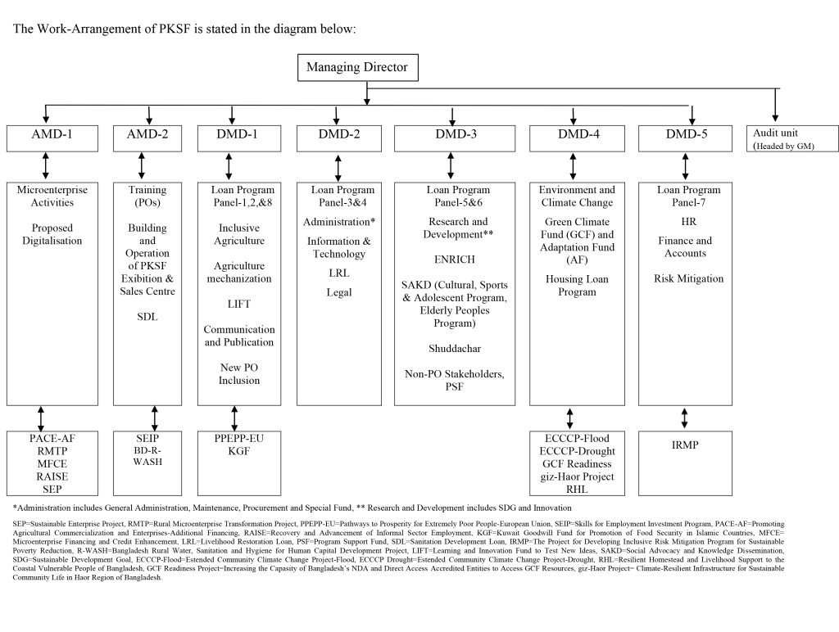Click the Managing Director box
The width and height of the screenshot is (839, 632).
click(x=357, y=67)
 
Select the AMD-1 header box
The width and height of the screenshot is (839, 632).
click(x=52, y=138)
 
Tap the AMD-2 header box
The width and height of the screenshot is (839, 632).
click(x=147, y=138)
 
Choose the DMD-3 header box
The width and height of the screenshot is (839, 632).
click(x=455, y=138)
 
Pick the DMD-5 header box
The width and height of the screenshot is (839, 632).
click(x=685, y=138)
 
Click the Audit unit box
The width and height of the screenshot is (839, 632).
click(x=792, y=138)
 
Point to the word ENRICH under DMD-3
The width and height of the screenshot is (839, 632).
click(x=454, y=260)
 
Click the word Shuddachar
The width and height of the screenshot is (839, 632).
click(x=454, y=349)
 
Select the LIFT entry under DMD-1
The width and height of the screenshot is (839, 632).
click(x=238, y=305)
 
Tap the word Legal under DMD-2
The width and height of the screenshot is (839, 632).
click(x=338, y=292)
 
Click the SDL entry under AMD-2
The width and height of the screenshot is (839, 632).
click(x=147, y=317)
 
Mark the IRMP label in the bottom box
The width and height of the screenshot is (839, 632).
click(x=685, y=445)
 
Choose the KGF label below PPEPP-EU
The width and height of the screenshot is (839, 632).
click(x=238, y=451)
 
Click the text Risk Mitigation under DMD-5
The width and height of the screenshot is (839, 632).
click(x=688, y=278)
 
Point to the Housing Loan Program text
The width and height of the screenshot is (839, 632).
click(x=577, y=286)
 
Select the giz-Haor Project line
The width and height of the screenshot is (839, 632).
click(x=577, y=476)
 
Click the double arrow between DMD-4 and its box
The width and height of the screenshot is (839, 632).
click(x=573, y=167)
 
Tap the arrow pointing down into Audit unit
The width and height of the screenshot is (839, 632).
click(x=775, y=105)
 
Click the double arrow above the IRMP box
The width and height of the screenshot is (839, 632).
click(x=684, y=418)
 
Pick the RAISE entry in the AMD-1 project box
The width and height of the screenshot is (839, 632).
click(x=52, y=476)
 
